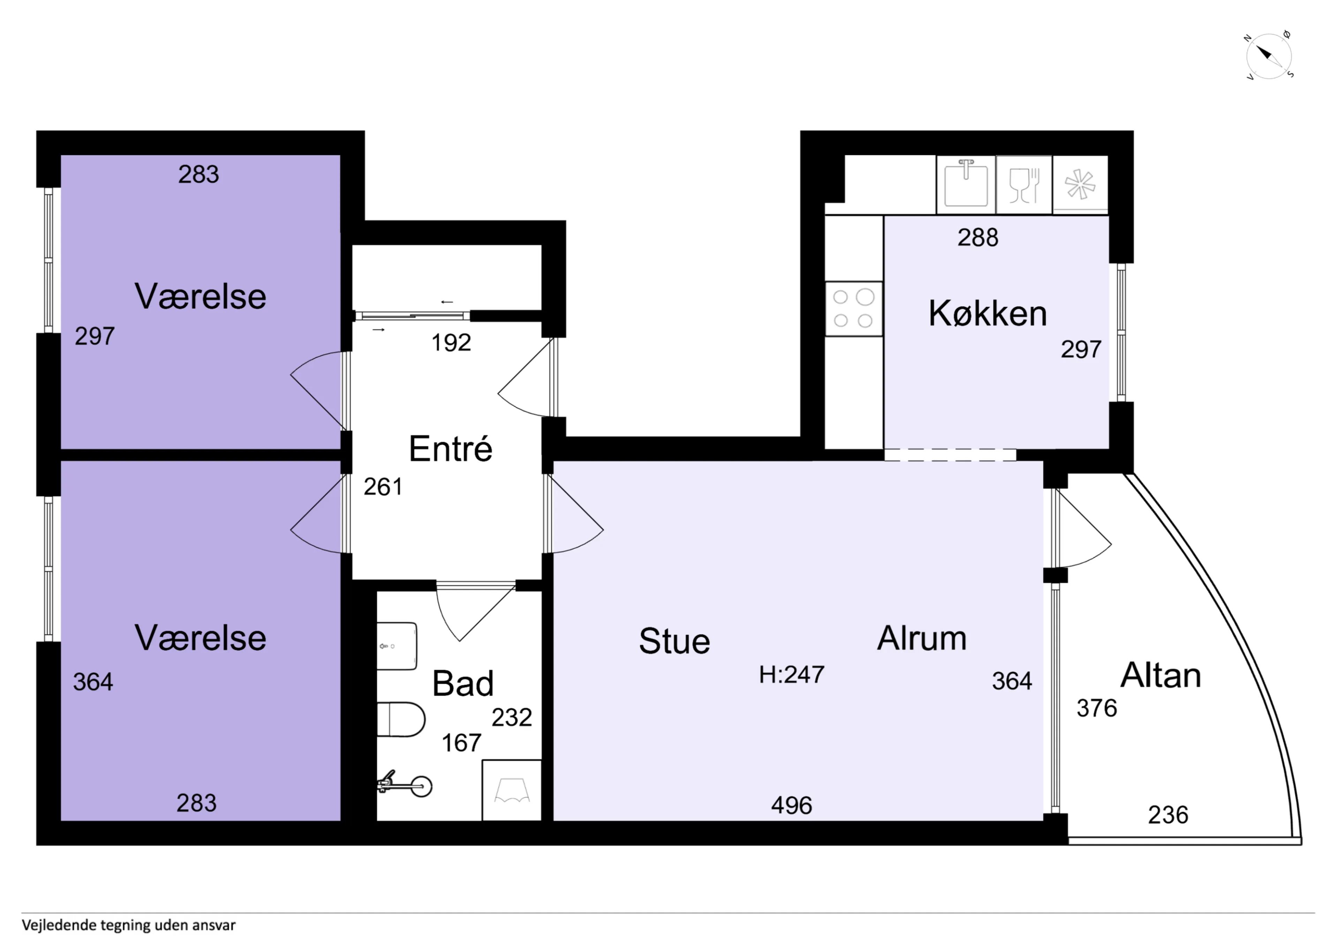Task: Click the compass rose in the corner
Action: pos(1269,57)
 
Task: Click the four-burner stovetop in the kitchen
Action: pos(853,309)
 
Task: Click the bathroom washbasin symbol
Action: pos(396,646)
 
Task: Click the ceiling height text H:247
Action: pos(792,675)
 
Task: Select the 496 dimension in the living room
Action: pos(792,805)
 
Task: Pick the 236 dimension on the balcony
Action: pos(1168,815)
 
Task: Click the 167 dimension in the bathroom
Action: pos(461,743)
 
